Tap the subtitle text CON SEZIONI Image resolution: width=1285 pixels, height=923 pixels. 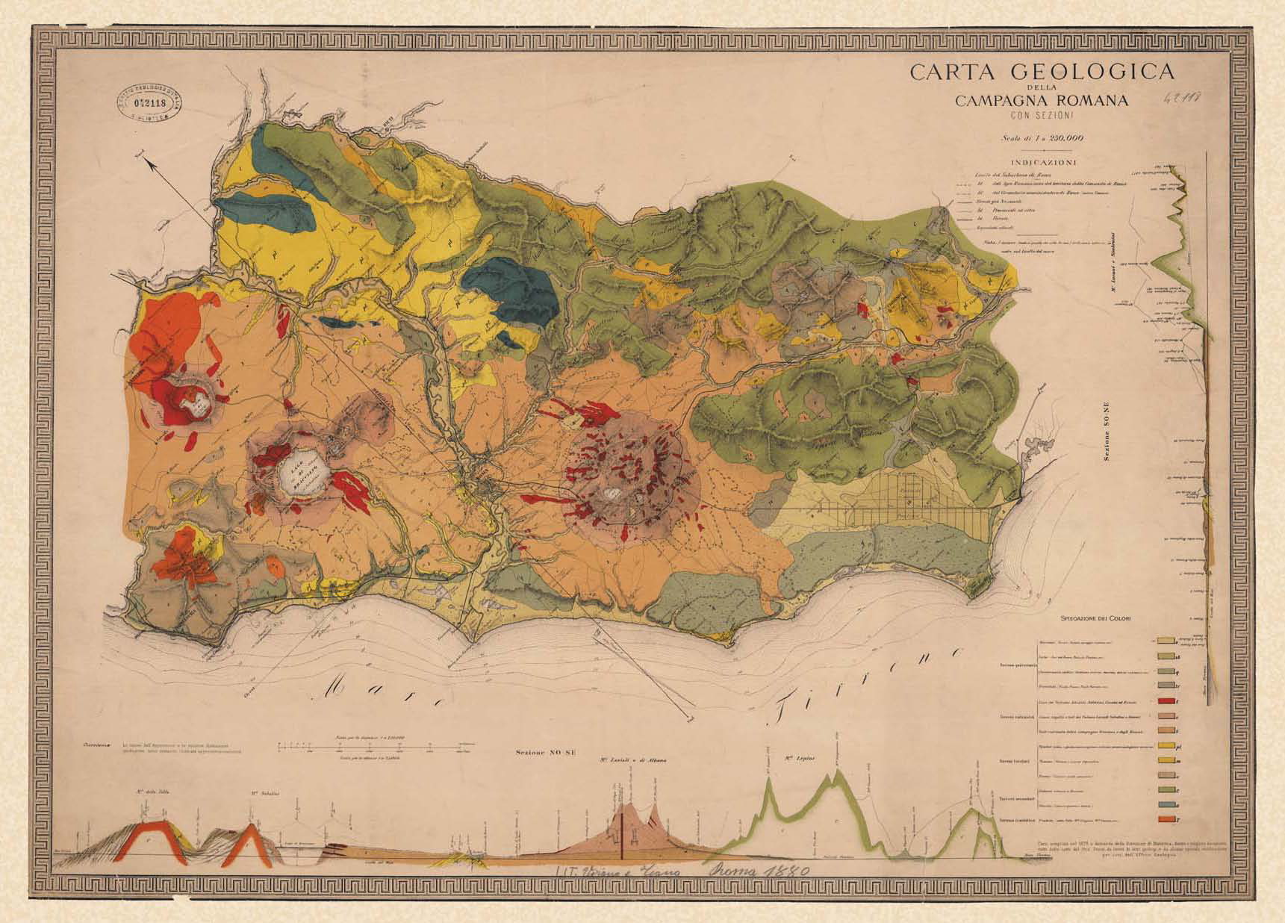[x=1042, y=115]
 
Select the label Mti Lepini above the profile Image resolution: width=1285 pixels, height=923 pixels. [x=799, y=759]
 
